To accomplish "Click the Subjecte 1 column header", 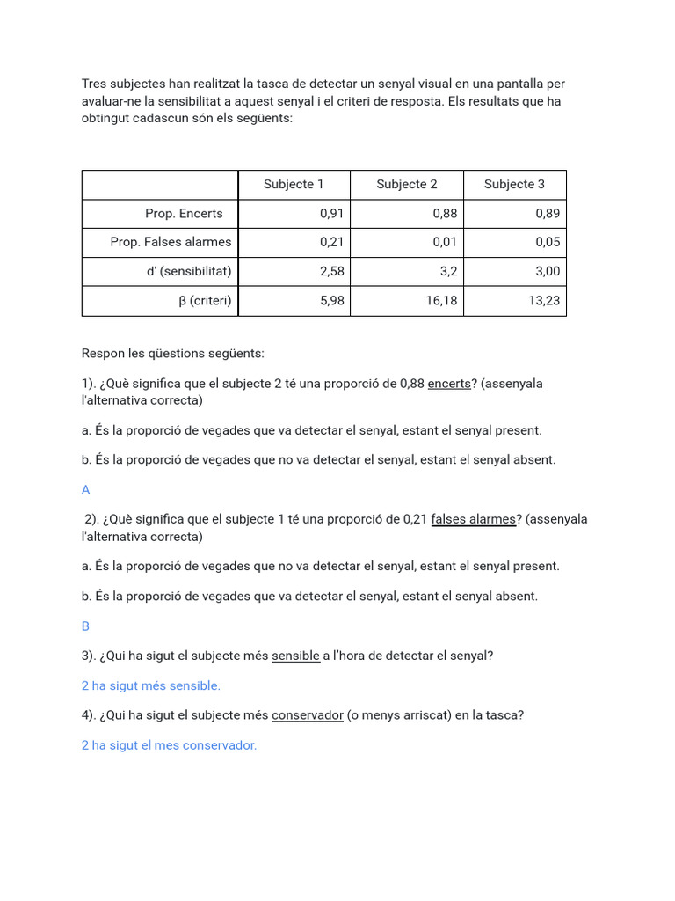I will click(294, 184).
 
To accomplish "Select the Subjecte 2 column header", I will click(406, 184).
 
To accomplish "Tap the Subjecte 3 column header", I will click(514, 184).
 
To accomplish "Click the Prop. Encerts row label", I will click(184, 213).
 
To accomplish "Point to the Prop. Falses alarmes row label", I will click(171, 242).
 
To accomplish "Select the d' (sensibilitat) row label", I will click(189, 271).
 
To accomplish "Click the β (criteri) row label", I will click(205, 300).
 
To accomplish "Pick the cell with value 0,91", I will click(331, 213).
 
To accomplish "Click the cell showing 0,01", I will click(445, 242).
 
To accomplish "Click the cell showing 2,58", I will click(331, 271).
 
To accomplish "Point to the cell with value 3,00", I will click(547, 271).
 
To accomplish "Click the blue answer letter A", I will click(86, 490).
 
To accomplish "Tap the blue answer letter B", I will click(86, 626).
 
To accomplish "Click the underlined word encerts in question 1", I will click(449, 384).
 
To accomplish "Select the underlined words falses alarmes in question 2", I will click(473, 519).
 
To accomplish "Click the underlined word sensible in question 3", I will click(295, 656).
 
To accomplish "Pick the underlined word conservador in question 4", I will click(307, 715).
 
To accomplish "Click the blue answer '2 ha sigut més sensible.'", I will click(151, 685).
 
